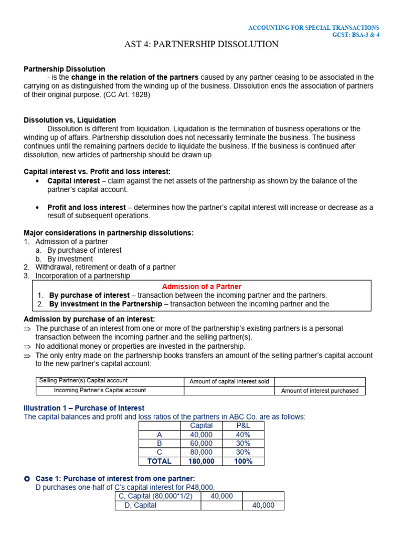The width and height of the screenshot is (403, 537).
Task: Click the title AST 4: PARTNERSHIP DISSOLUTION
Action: coord(201,44)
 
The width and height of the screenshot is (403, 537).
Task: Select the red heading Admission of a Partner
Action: coord(201,286)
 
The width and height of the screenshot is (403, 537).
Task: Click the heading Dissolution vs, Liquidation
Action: coord(70,120)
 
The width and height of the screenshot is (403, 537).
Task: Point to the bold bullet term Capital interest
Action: coord(73,181)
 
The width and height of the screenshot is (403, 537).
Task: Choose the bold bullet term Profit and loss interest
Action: coord(87,207)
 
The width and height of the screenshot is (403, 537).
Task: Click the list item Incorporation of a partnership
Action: coord(82,276)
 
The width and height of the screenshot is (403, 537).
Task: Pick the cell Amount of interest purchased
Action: coord(320,391)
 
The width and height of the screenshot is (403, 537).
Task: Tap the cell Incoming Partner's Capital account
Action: coord(100,390)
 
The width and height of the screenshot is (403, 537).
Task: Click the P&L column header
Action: coord(243,426)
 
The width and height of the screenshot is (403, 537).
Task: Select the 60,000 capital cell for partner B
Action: coord(201,443)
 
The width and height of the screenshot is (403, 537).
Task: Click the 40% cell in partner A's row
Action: coord(243,435)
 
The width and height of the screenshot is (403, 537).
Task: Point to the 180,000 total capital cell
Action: coord(201,461)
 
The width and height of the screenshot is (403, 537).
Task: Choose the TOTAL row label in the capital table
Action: coord(160,461)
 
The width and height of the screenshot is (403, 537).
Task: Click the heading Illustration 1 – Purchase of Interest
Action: coord(84,408)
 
